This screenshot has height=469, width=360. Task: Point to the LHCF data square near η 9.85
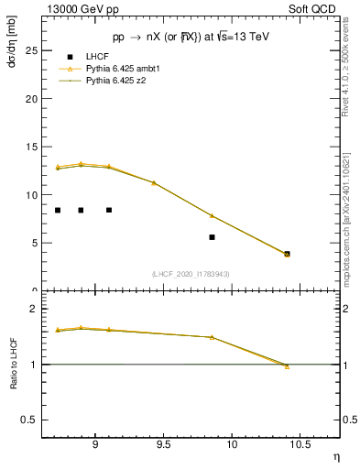[x=212, y=237]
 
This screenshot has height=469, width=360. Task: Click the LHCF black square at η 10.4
[x=287, y=254]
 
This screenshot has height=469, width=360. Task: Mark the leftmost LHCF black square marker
[x=58, y=210]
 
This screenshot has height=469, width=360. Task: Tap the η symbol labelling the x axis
[x=334, y=455]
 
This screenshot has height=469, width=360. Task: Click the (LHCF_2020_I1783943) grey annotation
[x=190, y=274]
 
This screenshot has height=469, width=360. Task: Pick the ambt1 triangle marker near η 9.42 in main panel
[x=154, y=182]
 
